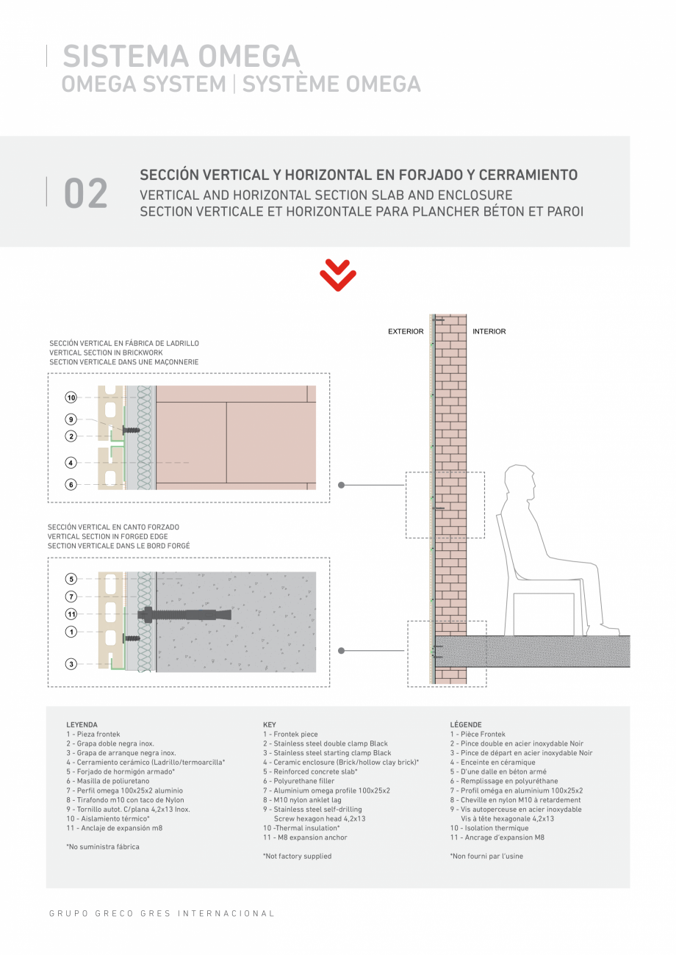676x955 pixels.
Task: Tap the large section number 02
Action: (86, 193)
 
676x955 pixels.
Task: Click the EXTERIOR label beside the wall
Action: (406, 332)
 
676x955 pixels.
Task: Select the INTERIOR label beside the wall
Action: (489, 332)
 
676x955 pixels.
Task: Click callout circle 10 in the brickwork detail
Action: (71, 397)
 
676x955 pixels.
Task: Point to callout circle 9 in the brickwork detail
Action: (71, 419)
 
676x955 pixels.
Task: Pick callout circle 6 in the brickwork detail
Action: (71, 485)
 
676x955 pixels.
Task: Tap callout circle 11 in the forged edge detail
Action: (71, 614)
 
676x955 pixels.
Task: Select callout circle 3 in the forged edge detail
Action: (71, 664)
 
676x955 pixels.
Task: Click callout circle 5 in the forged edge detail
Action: (71, 578)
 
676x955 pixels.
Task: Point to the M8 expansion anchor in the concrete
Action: (191, 614)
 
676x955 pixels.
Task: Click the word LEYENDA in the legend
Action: (82, 725)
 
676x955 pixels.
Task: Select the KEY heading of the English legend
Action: (270, 725)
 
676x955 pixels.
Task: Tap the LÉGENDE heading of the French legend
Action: (466, 725)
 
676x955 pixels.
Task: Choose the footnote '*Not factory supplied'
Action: (297, 857)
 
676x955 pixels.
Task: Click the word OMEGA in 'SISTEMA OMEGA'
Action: (240, 57)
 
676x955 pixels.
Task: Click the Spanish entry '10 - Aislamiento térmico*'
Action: (107, 819)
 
